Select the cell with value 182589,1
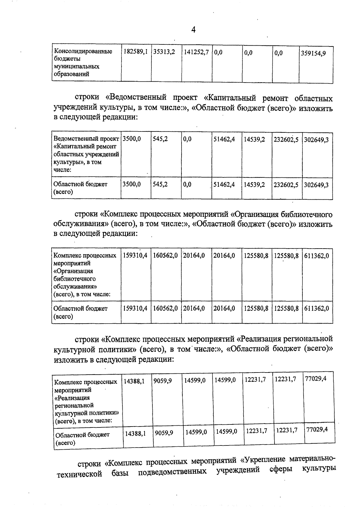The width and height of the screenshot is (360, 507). pos(136,52)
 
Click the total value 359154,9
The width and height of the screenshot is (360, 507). pos(313,53)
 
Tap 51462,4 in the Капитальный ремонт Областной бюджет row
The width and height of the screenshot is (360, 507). pos(224,185)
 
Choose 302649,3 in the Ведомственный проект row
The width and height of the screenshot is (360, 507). pos(316,140)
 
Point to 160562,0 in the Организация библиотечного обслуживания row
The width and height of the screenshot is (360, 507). pos(166,256)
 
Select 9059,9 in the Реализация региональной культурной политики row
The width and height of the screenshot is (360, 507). pos(163,381)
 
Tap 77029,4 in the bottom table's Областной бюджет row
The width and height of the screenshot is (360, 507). pos(317,430)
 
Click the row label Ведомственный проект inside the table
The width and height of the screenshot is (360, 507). pos(86,139)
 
